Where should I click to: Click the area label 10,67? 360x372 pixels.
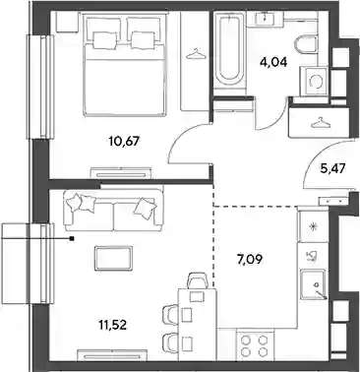(x=124, y=142)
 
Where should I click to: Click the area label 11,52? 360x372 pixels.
(x=112, y=325)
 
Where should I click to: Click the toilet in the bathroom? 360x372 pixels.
(x=306, y=45)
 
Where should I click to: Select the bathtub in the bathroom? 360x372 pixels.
(x=229, y=50)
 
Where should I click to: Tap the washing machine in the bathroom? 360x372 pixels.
(x=314, y=81)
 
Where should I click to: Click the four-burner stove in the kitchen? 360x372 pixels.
(x=254, y=345)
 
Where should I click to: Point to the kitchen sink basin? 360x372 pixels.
(x=313, y=282)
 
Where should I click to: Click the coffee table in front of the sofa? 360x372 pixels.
(x=114, y=259)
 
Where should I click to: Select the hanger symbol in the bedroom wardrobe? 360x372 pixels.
(x=196, y=55)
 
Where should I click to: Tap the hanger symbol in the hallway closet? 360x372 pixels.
(x=320, y=124)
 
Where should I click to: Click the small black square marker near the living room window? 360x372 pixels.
(x=72, y=239)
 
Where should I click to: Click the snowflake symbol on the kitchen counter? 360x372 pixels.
(x=313, y=226)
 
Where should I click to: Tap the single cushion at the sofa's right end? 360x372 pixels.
(x=145, y=208)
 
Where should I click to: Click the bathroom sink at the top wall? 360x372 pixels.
(x=264, y=18)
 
